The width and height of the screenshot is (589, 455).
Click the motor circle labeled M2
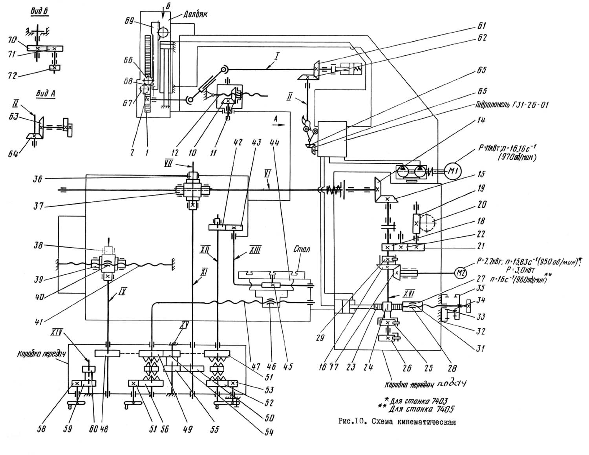[x=462, y=271]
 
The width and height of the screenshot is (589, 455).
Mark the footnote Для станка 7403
[x=413, y=401]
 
